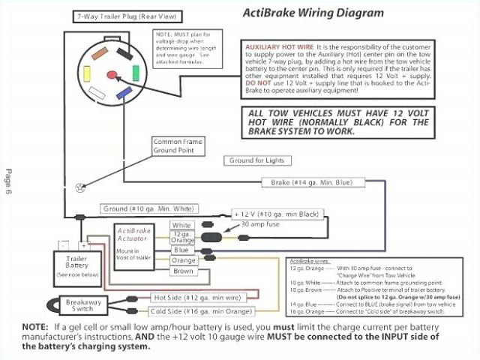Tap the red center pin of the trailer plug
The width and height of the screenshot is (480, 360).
tap(113, 74)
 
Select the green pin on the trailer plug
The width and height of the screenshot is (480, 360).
tap(135, 73)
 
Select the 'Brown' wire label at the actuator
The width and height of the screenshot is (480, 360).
tap(181, 271)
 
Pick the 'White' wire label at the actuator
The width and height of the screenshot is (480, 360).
tap(181, 225)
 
